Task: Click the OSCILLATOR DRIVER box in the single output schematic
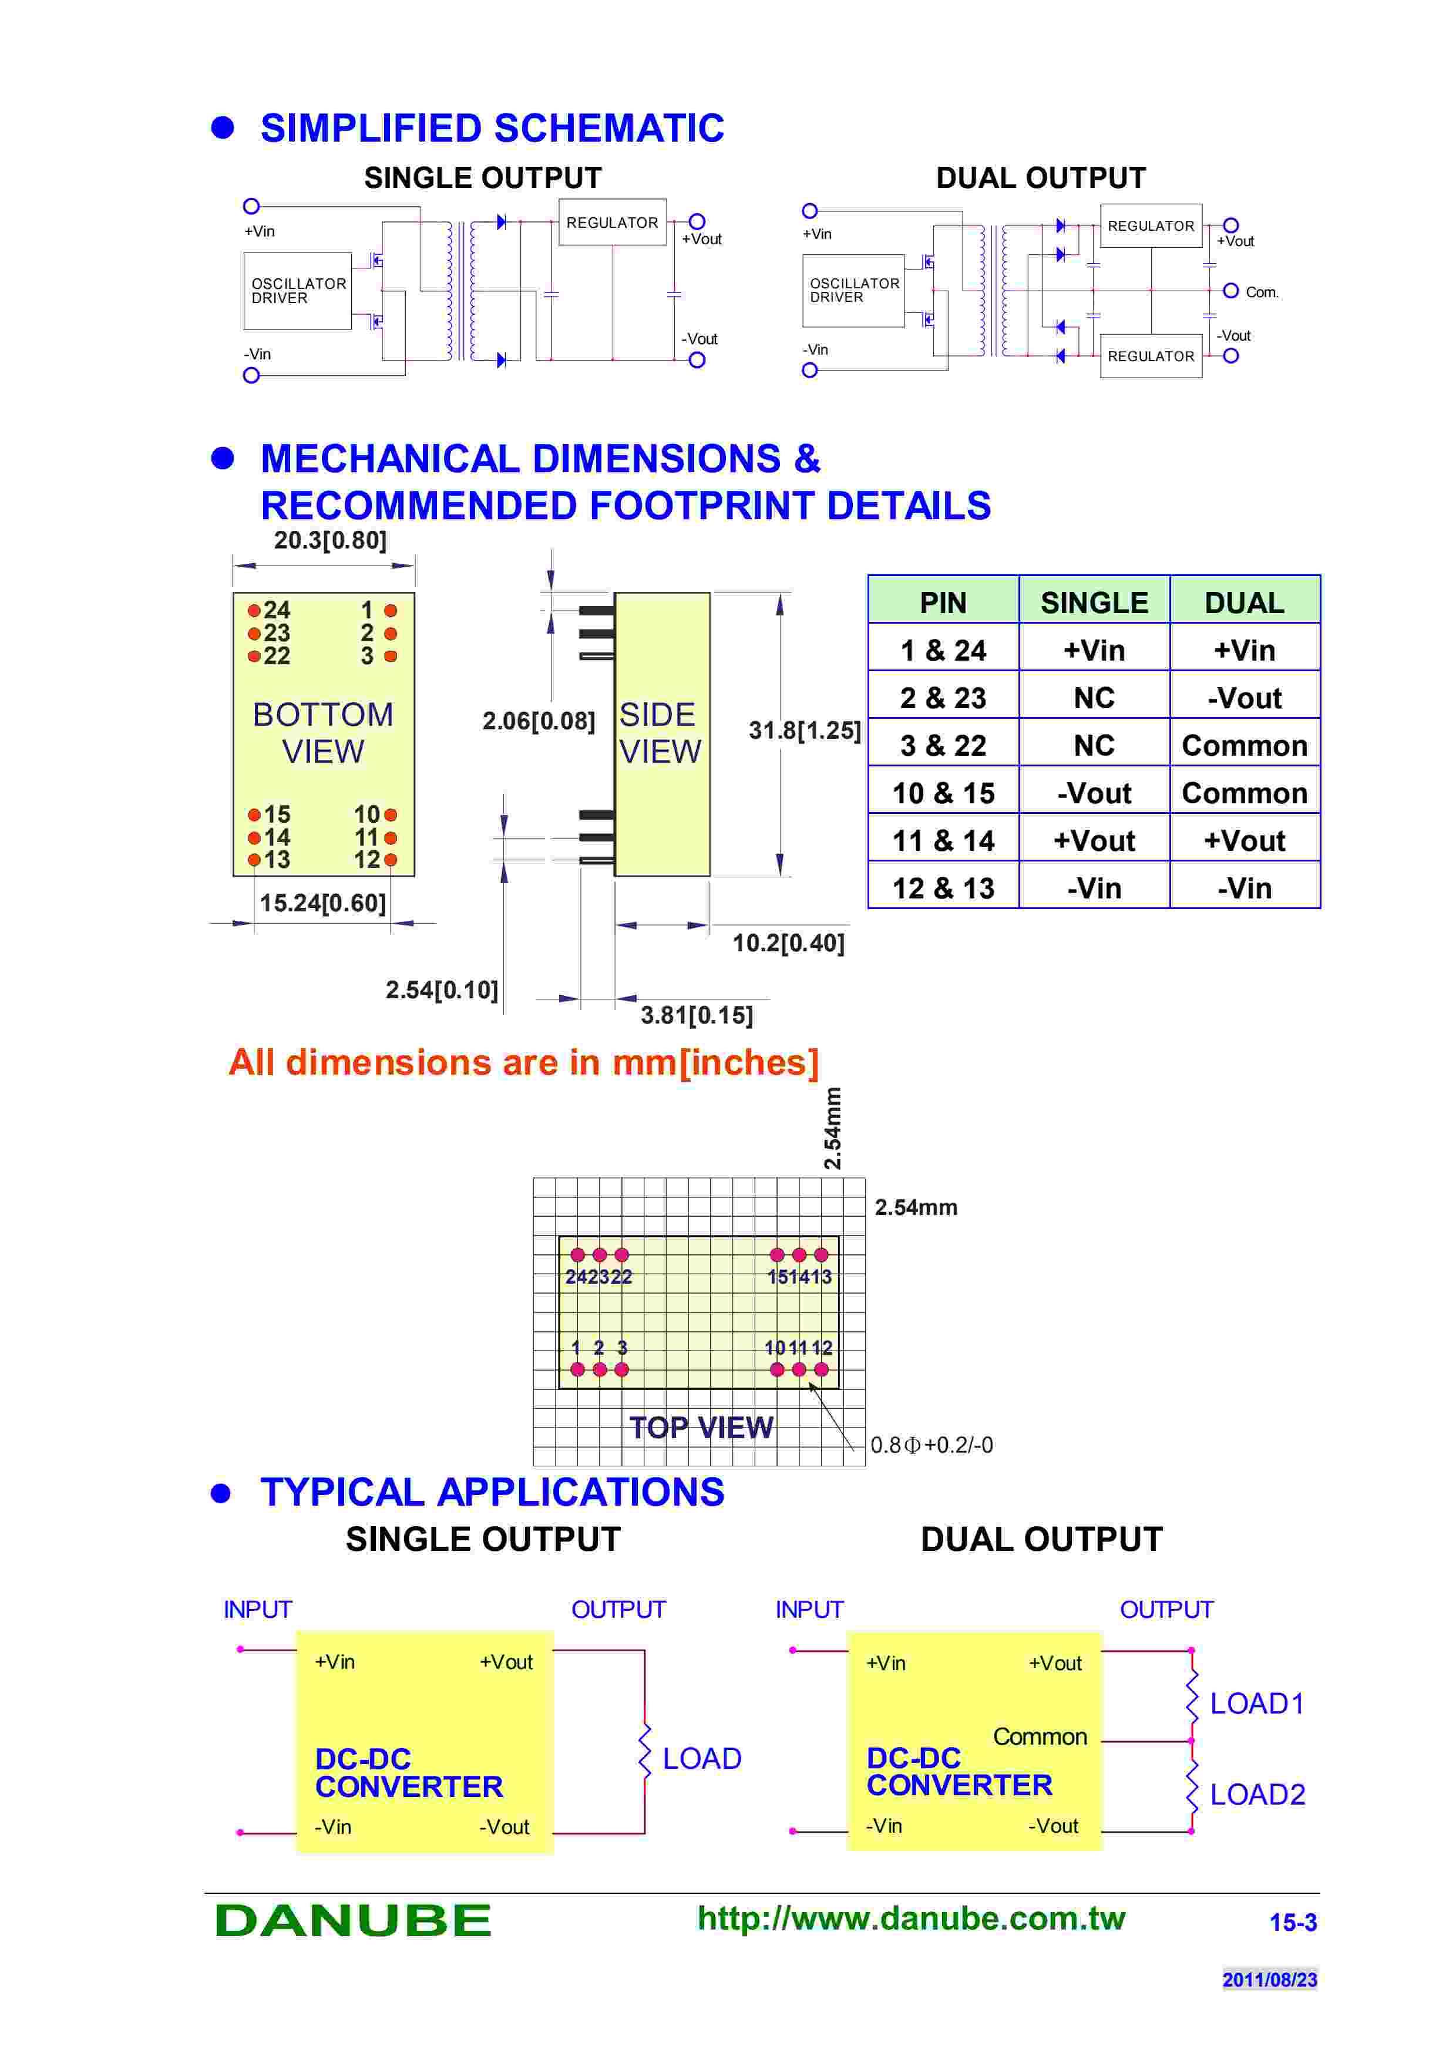[297, 291]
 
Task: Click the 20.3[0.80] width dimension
[330, 540]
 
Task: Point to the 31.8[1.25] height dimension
[804, 731]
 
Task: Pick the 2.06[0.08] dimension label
[538, 721]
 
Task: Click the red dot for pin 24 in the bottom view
[254, 611]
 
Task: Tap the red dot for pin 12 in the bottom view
[390, 860]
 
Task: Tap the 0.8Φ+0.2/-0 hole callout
[931, 1445]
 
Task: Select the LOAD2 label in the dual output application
[1257, 1795]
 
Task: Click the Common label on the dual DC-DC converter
[1040, 1737]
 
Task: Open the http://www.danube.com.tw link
[910, 1918]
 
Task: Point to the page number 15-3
[1293, 1922]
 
